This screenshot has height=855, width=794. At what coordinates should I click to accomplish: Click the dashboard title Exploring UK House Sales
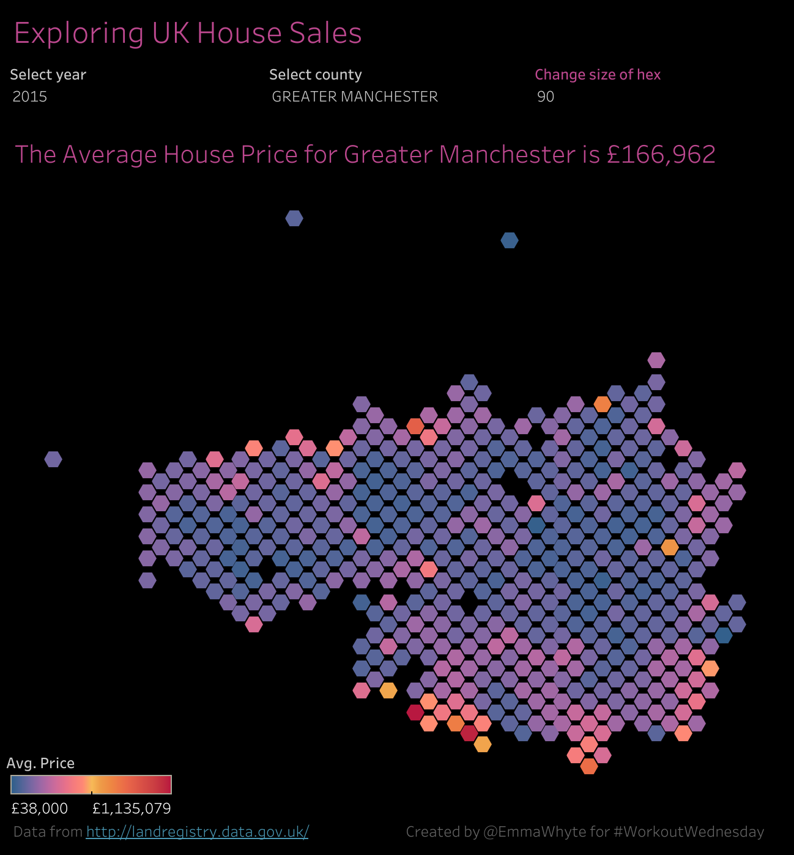coord(188,34)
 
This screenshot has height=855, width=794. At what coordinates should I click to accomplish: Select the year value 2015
coord(30,97)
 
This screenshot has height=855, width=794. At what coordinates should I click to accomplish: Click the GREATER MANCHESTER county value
coord(355,97)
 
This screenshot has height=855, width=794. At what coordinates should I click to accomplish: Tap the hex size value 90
coord(546,97)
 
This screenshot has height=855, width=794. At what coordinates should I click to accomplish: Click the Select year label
coord(48,75)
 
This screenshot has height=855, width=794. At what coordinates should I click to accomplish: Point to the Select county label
coord(315,75)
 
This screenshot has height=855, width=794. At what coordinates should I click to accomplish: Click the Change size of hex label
coord(598,75)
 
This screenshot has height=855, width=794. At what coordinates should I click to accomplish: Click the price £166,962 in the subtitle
coord(661,155)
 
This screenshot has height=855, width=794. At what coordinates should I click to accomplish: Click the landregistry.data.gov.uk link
coord(197,832)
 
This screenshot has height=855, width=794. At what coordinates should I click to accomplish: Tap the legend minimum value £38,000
coord(39,809)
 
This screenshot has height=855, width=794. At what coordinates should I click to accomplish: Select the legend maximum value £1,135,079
coord(132,809)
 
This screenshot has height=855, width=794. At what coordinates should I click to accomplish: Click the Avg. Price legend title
coord(40,763)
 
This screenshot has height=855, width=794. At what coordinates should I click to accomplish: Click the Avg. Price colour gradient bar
coord(91,784)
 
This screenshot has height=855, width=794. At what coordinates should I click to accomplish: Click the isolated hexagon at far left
coord(53,459)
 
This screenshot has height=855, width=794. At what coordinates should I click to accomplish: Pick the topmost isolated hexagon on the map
coord(294,218)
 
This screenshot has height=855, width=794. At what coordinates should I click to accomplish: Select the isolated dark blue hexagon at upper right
coord(510,240)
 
